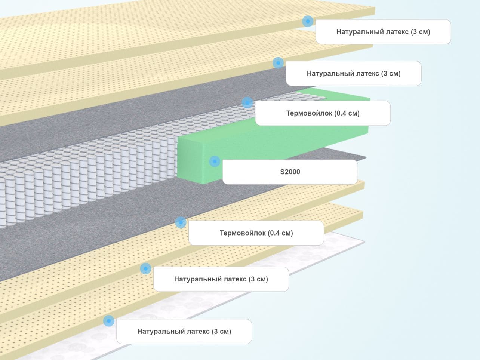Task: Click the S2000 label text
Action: (x=290, y=172)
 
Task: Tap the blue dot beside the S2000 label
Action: (x=215, y=161)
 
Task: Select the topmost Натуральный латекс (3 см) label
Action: (x=383, y=32)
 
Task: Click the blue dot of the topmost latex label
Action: (x=308, y=21)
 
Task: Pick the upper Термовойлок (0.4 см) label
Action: (x=323, y=113)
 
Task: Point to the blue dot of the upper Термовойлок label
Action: (x=247, y=102)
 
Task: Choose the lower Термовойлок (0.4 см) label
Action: (x=256, y=233)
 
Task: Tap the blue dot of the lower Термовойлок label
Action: (x=181, y=222)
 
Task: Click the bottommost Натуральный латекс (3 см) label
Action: (x=184, y=331)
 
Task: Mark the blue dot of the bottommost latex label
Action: (x=109, y=321)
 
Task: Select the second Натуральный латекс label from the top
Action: (x=354, y=73)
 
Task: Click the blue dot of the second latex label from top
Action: (x=278, y=63)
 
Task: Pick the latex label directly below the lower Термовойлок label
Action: (x=221, y=279)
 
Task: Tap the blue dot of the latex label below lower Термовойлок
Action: (x=146, y=268)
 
